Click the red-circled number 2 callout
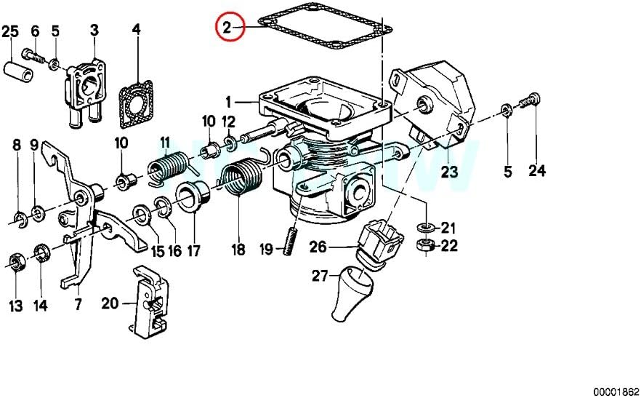tap(230, 27)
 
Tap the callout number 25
tap(11, 31)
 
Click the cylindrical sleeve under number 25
tap(19, 72)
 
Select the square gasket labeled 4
tap(136, 103)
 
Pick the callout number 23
tap(449, 171)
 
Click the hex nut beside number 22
tap(426, 245)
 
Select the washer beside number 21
tap(427, 226)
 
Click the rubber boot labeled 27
tap(352, 292)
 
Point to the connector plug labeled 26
tap(380, 243)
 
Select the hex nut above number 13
tap(16, 262)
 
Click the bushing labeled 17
tap(193, 196)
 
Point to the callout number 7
tap(78, 304)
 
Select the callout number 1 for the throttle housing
tap(228, 102)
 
